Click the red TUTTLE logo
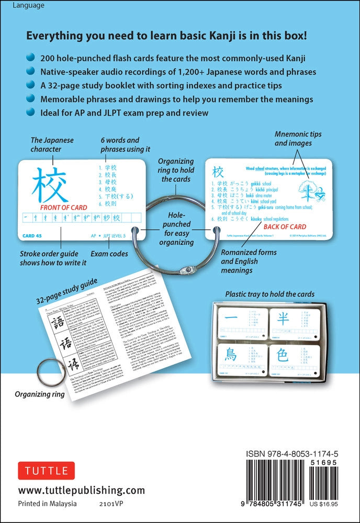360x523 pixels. pos(47,471)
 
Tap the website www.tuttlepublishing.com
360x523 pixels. pos(81,490)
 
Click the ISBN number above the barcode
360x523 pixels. pos(296,454)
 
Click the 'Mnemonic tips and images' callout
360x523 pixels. pos(298,139)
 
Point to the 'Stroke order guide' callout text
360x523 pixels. pos(53,258)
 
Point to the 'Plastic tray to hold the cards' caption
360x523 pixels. pos(269,294)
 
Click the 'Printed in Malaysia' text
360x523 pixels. pos(48,504)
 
